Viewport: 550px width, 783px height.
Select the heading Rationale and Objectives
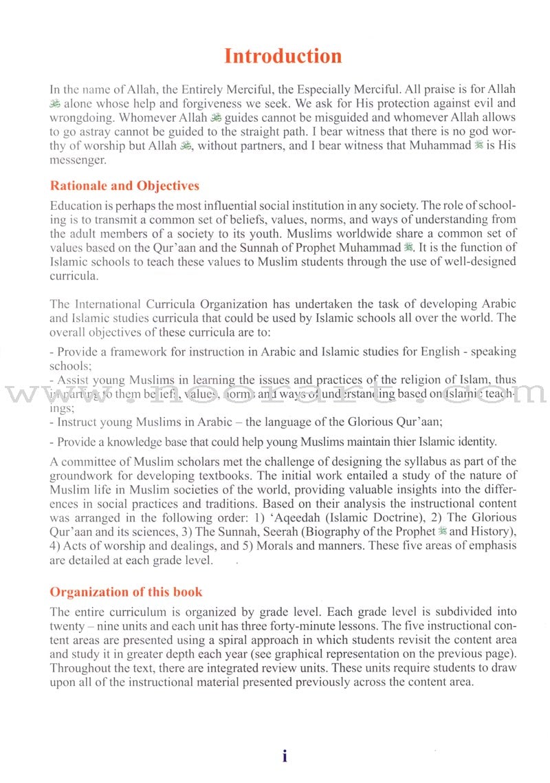point(124,186)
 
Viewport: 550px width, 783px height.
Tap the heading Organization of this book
point(126,592)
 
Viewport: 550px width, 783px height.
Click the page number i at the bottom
point(285,756)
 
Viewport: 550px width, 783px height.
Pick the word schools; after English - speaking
point(69,365)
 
